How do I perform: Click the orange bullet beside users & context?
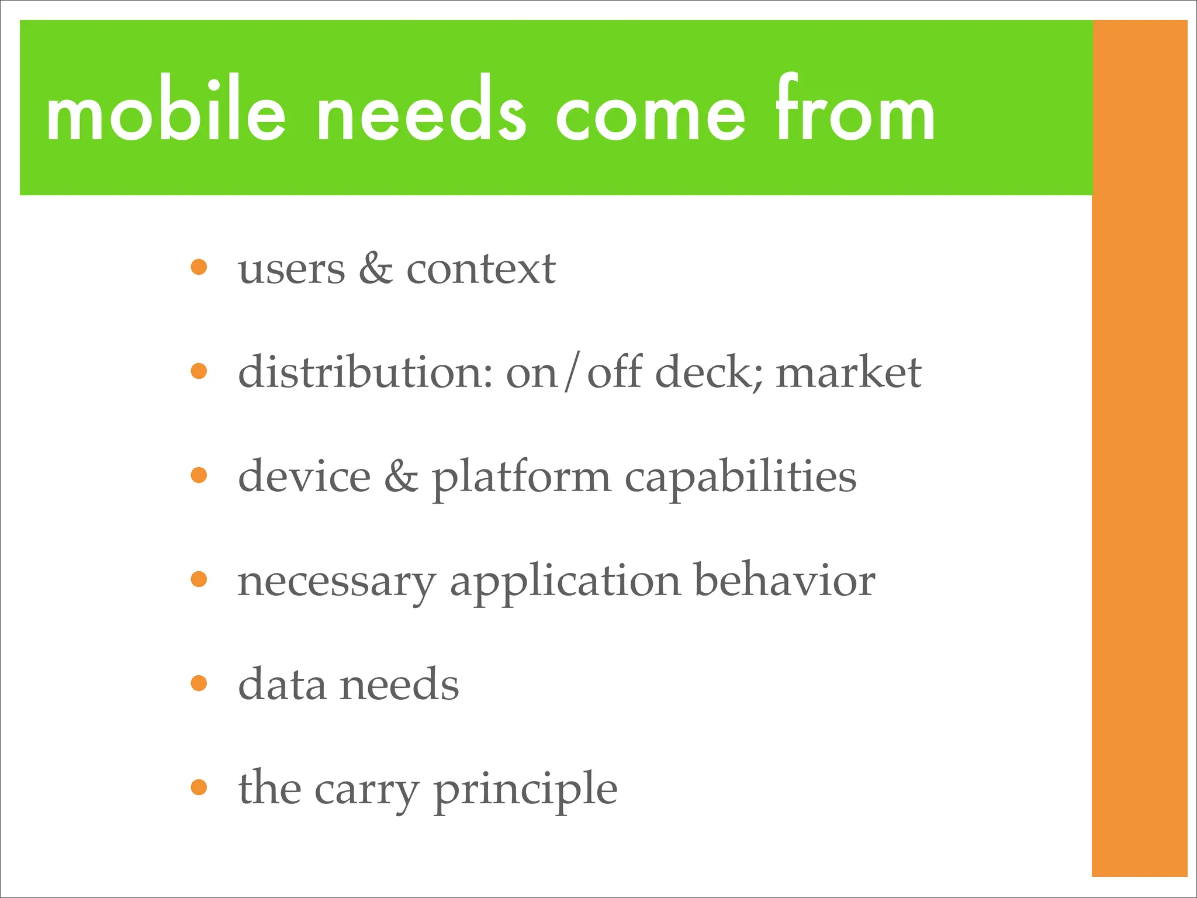pyautogui.click(x=199, y=267)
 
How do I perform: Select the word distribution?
pyautogui.click(x=365, y=372)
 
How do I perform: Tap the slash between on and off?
pyautogui.click(x=572, y=372)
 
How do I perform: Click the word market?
pyautogui.click(x=848, y=372)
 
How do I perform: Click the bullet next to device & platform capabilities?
pyautogui.click(x=199, y=475)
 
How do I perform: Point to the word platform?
pyautogui.click(x=521, y=478)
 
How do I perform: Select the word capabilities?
pyautogui.click(x=741, y=478)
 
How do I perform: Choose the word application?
pyautogui.click(x=565, y=583)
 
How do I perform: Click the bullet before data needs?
pyautogui.click(x=199, y=683)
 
